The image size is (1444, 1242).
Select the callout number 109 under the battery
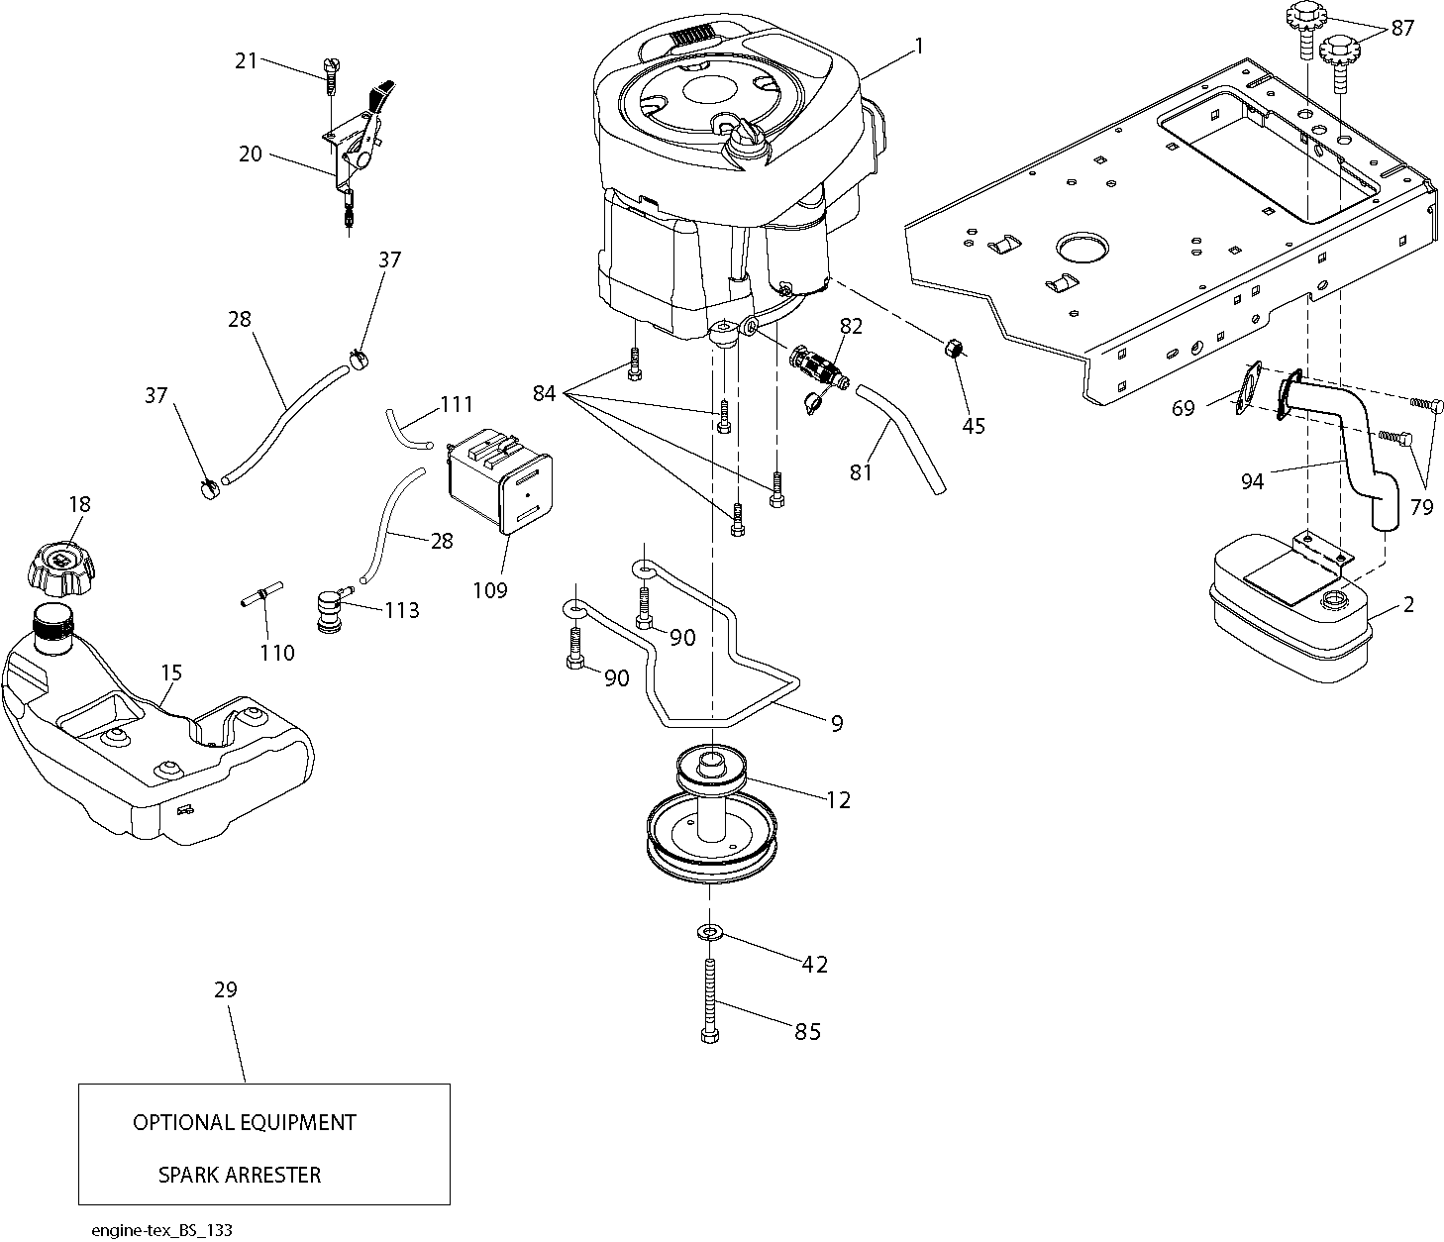point(490,590)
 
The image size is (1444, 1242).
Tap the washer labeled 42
point(710,933)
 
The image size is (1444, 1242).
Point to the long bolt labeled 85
point(710,1000)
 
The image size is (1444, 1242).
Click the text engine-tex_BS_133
point(161,1230)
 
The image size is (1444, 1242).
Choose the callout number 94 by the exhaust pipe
point(1252,481)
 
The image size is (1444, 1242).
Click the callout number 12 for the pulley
point(838,799)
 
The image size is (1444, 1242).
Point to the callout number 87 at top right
point(1402,28)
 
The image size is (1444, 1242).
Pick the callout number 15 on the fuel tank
point(171,673)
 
